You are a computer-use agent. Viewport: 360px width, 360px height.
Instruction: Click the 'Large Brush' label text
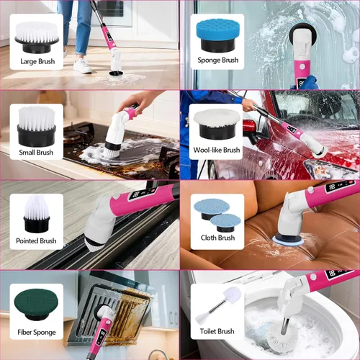pyautogui.click(x=37, y=61)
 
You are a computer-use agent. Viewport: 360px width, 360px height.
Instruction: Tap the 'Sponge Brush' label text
pyautogui.click(x=218, y=60)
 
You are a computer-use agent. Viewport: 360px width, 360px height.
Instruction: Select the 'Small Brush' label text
pyautogui.click(x=36, y=152)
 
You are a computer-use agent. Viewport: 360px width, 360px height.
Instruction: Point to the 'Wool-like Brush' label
pyautogui.click(x=217, y=150)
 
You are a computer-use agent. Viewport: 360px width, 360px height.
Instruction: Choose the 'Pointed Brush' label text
pyautogui.click(x=36, y=240)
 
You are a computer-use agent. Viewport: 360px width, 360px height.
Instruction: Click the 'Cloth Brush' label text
pyautogui.click(x=217, y=238)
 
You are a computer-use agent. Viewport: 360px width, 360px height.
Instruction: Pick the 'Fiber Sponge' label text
pyautogui.click(x=37, y=333)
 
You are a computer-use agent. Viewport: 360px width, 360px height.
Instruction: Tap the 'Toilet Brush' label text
pyautogui.click(x=217, y=331)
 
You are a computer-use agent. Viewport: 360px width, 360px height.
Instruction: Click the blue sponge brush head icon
pyautogui.click(x=217, y=35)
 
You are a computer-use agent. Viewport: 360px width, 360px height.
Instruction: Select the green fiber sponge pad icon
pyautogui.click(x=36, y=304)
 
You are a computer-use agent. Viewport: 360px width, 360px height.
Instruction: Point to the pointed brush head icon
pyautogui.click(x=37, y=214)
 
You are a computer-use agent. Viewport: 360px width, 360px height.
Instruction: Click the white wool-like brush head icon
pyautogui.click(x=217, y=124)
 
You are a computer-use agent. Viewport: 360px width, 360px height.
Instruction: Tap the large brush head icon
pyautogui.click(x=37, y=37)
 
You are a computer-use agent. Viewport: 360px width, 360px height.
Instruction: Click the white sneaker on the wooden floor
pyautogui.click(x=82, y=66)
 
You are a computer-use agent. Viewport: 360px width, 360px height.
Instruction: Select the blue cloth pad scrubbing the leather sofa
pyautogui.click(x=288, y=240)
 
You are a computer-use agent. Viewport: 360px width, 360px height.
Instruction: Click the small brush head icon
pyautogui.click(x=37, y=126)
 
